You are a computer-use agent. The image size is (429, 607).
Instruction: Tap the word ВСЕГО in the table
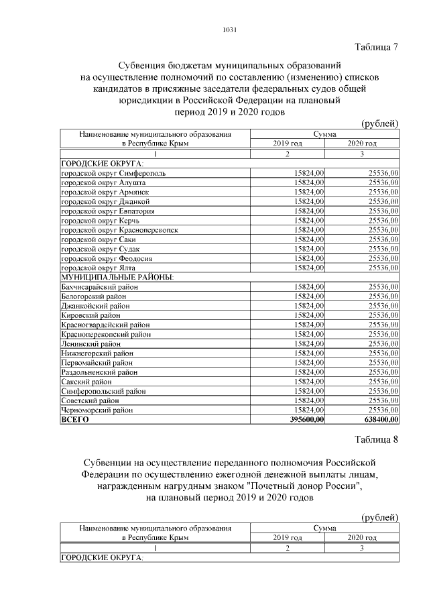click(x=74, y=420)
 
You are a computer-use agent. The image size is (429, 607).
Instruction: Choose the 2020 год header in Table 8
click(x=362, y=538)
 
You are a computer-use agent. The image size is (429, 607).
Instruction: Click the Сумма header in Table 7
click(x=324, y=134)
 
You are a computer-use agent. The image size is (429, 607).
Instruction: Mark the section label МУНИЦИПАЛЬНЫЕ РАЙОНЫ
click(x=117, y=277)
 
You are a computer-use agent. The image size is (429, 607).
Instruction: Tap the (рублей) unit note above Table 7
click(x=379, y=123)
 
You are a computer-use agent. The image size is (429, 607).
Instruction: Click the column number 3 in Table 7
click(x=362, y=154)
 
